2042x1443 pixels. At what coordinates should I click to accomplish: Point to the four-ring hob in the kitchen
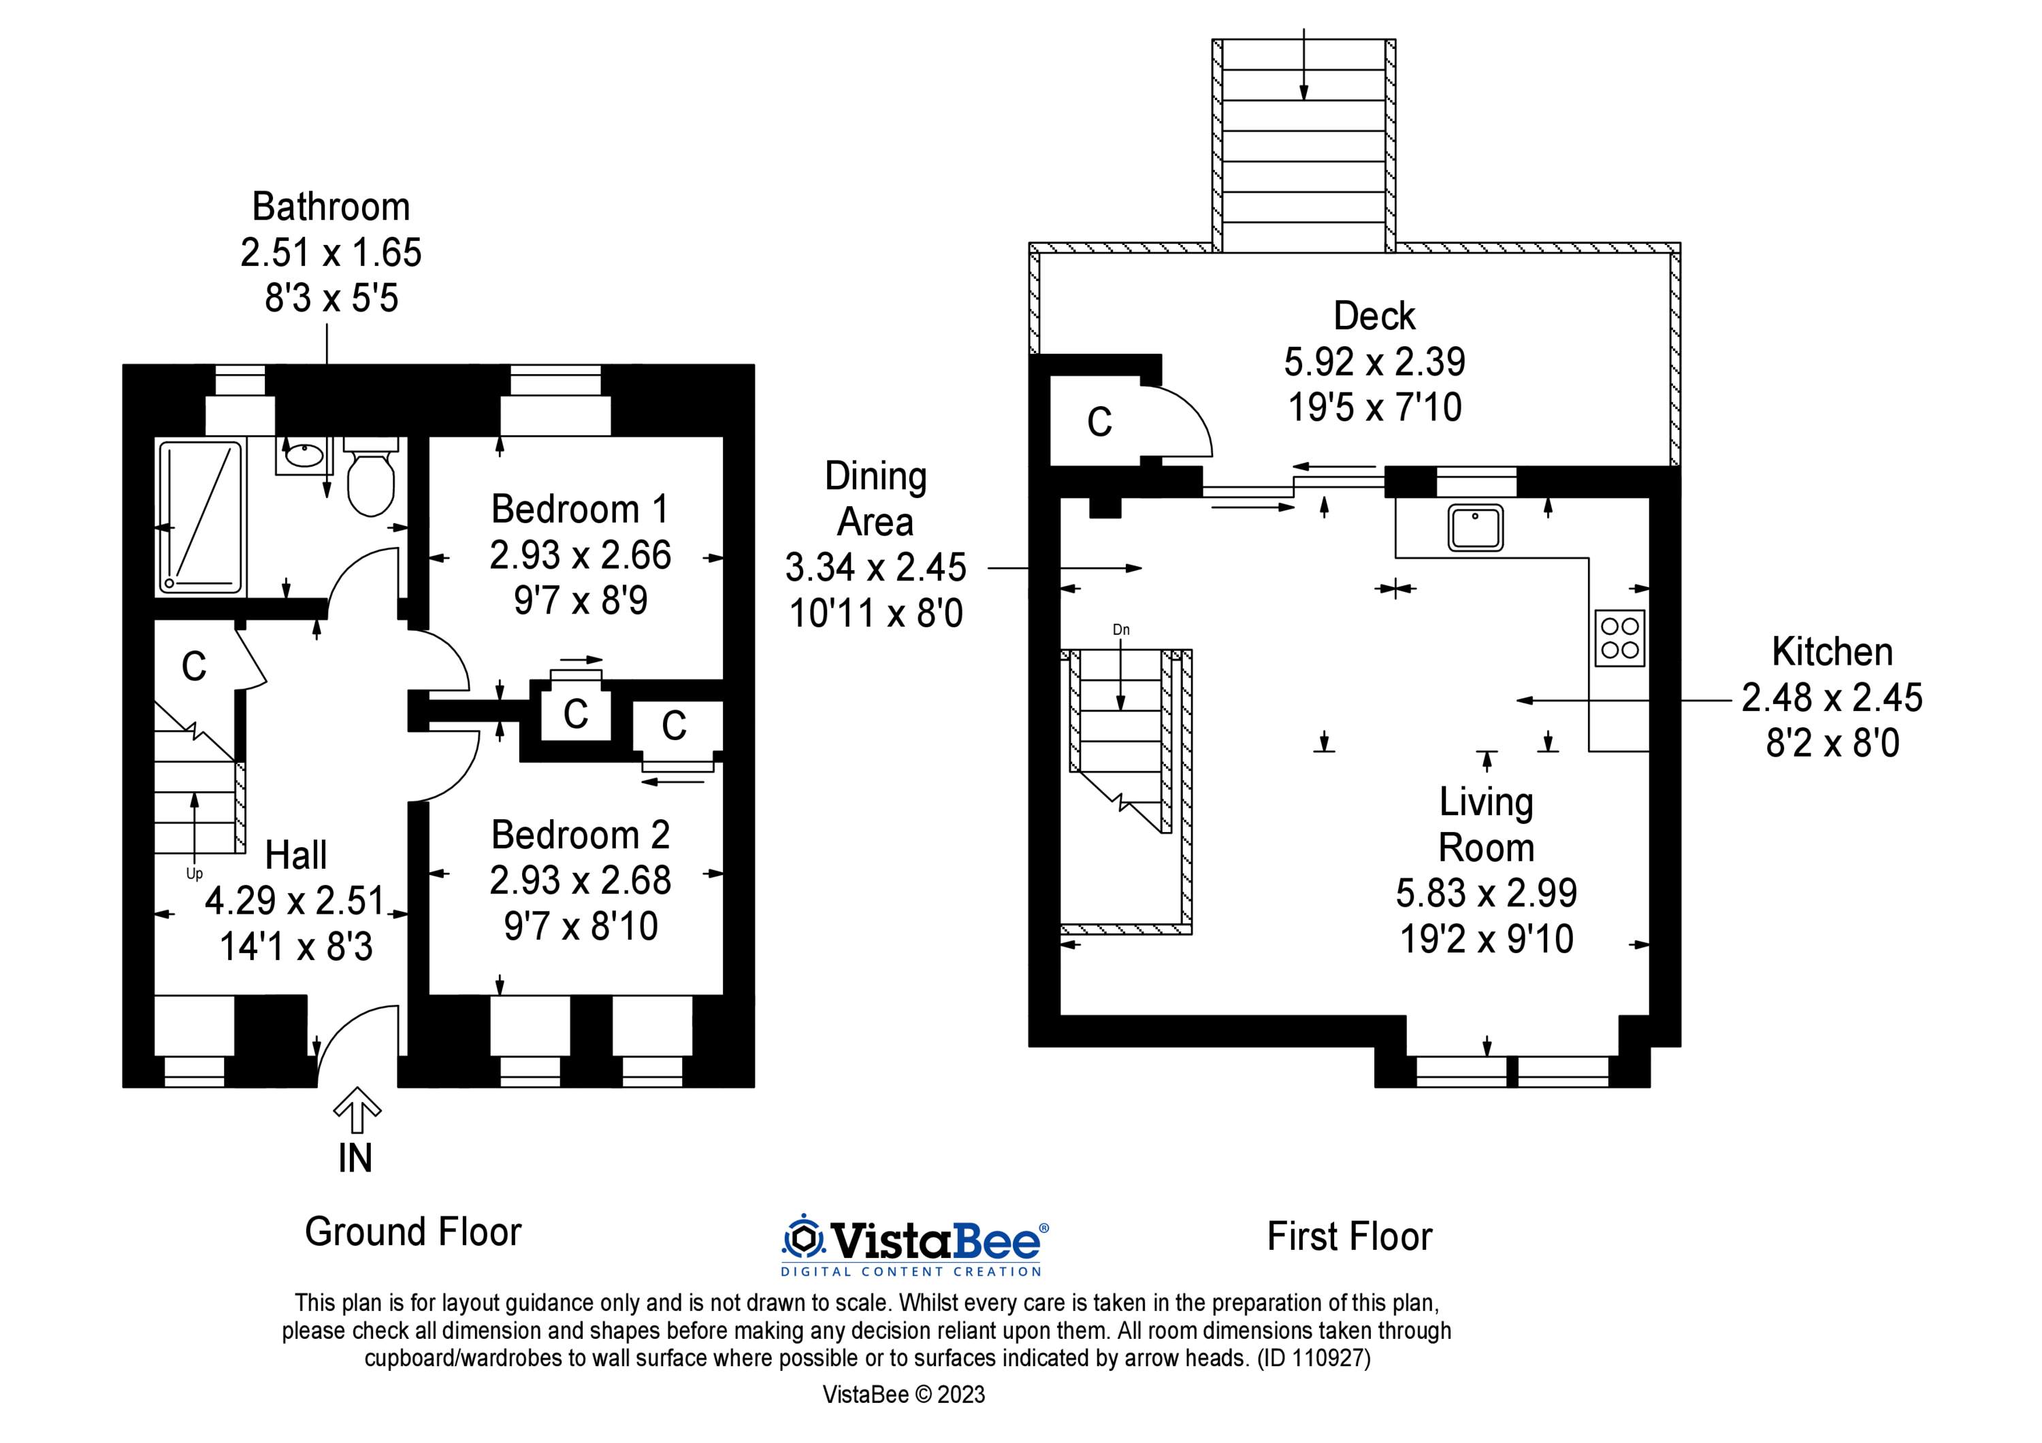[x=1619, y=637]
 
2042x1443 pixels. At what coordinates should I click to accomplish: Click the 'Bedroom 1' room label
[x=579, y=510]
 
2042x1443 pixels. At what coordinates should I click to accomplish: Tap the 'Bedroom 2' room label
[x=580, y=835]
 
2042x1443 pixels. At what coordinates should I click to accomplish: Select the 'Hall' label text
[x=296, y=855]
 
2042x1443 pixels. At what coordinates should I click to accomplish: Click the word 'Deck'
[x=1374, y=316]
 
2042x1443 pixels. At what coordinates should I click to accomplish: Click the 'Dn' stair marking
[x=1120, y=629]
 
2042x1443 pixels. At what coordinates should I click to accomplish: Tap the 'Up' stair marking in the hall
[x=194, y=874]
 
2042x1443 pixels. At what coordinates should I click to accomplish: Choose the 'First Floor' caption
[x=1349, y=1237]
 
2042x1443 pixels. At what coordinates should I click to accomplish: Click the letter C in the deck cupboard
[x=1099, y=422]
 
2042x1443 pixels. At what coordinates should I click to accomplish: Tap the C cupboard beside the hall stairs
[x=194, y=666]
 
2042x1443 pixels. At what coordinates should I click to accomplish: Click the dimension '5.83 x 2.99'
[x=1486, y=893]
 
